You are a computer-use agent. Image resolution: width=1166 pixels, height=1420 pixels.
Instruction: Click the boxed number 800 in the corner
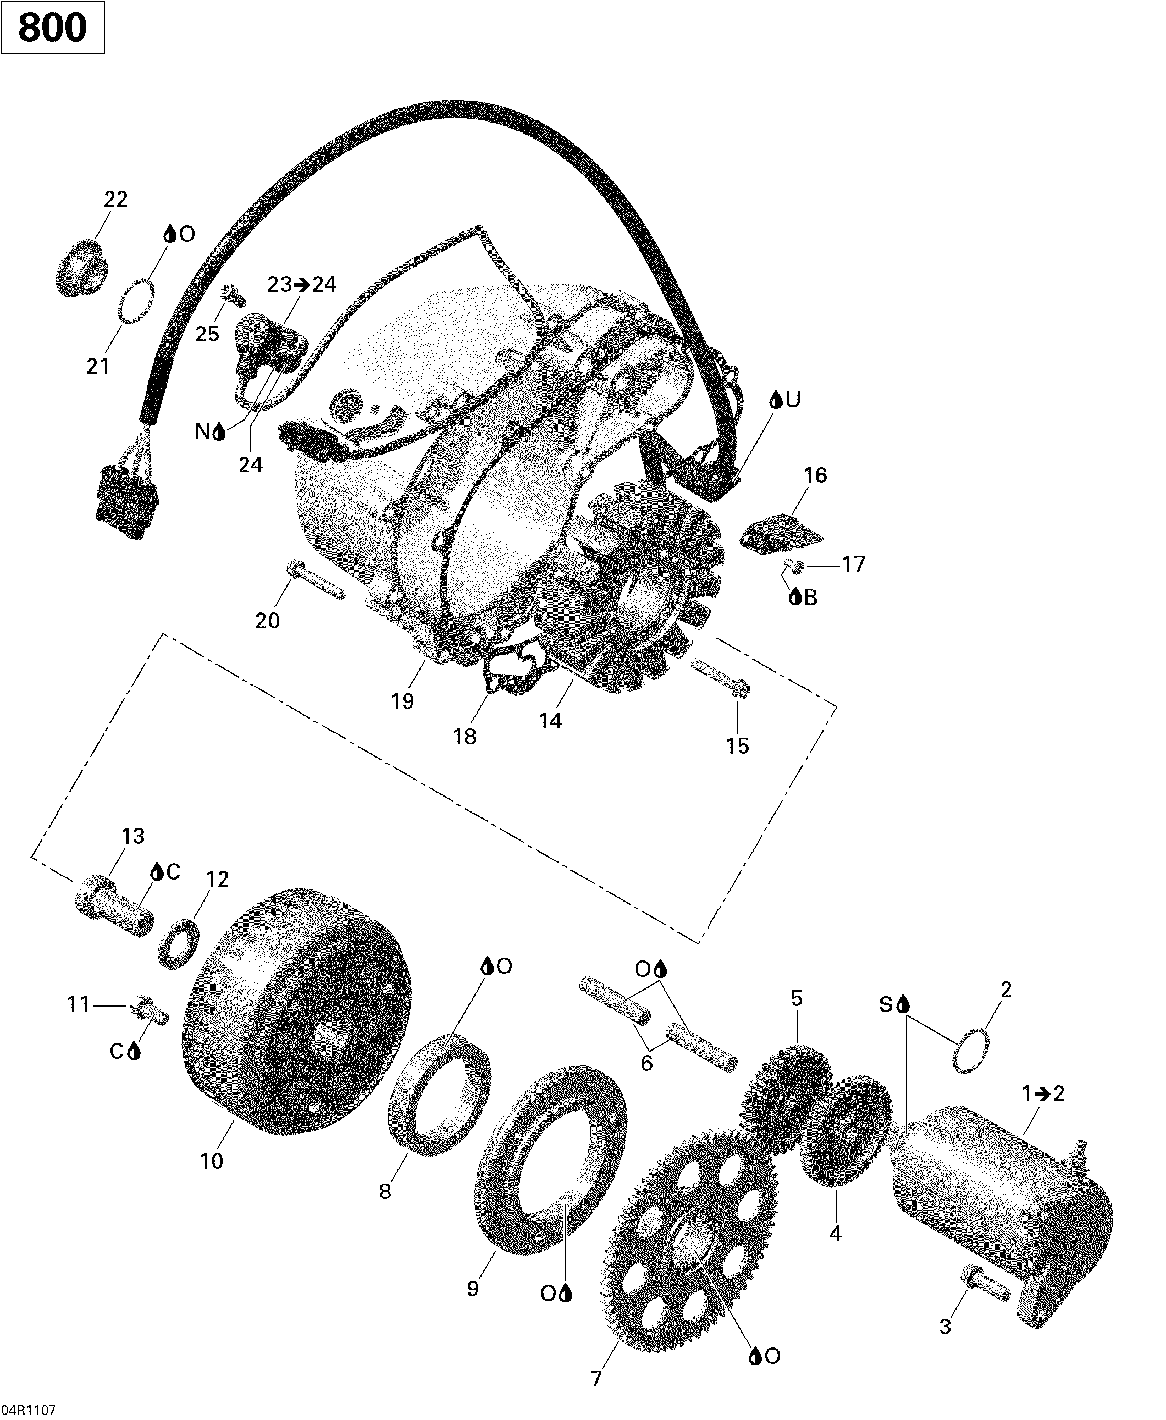52,27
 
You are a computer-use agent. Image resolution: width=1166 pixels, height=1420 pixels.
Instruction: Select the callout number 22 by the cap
115,200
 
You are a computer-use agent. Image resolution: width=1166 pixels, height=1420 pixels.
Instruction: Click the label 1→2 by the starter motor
1043,1094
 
